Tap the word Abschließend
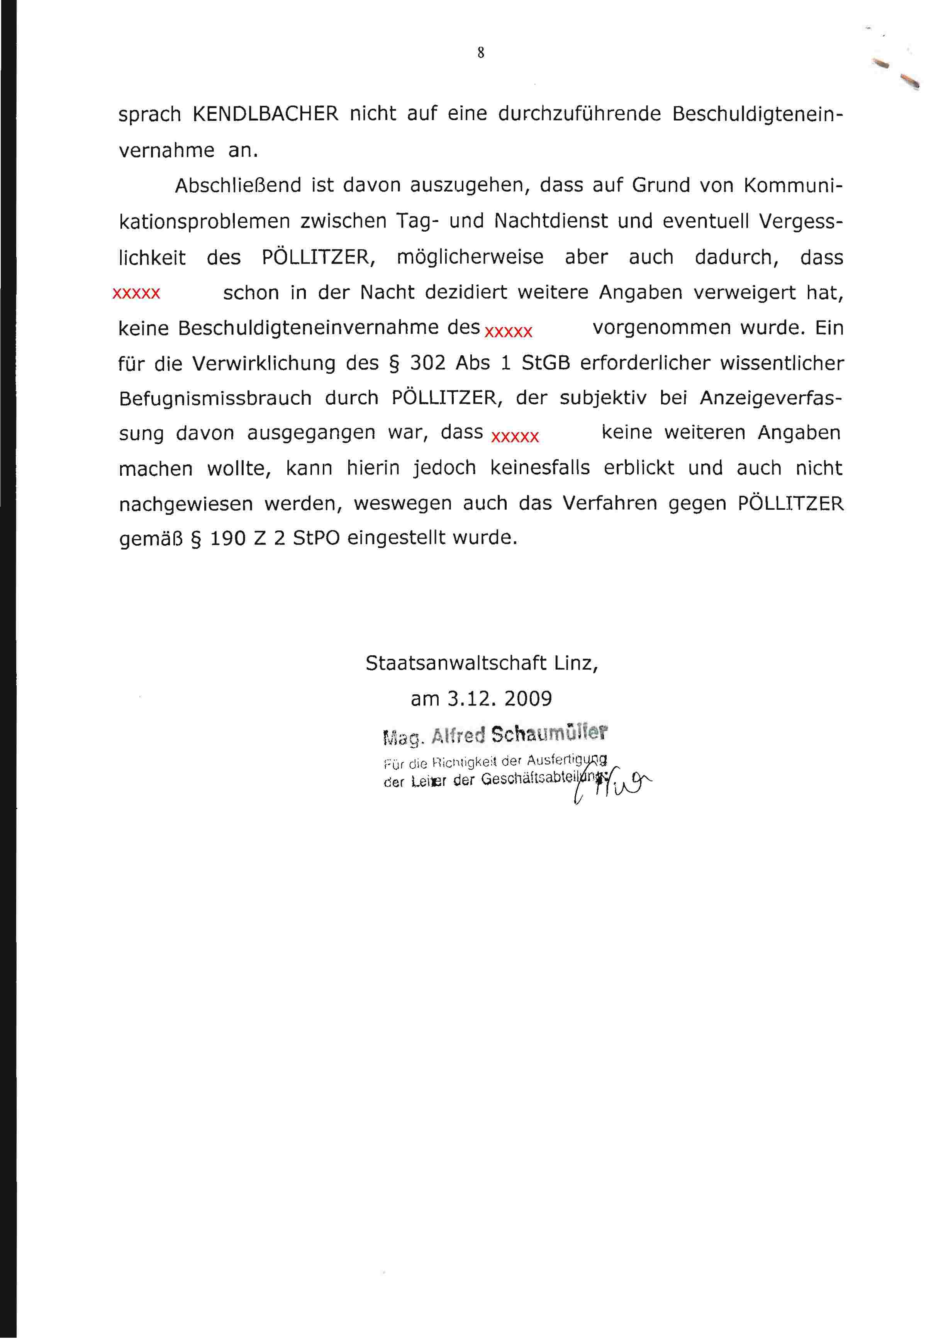(237, 185)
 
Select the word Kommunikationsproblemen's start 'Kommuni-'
(793, 185)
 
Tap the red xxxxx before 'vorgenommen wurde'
(509, 332)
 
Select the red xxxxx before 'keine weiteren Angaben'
(515, 437)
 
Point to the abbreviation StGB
(545, 363)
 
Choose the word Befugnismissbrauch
(215, 398)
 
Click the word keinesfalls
(539, 468)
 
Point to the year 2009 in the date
(528, 699)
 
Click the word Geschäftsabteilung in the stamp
(541, 779)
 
